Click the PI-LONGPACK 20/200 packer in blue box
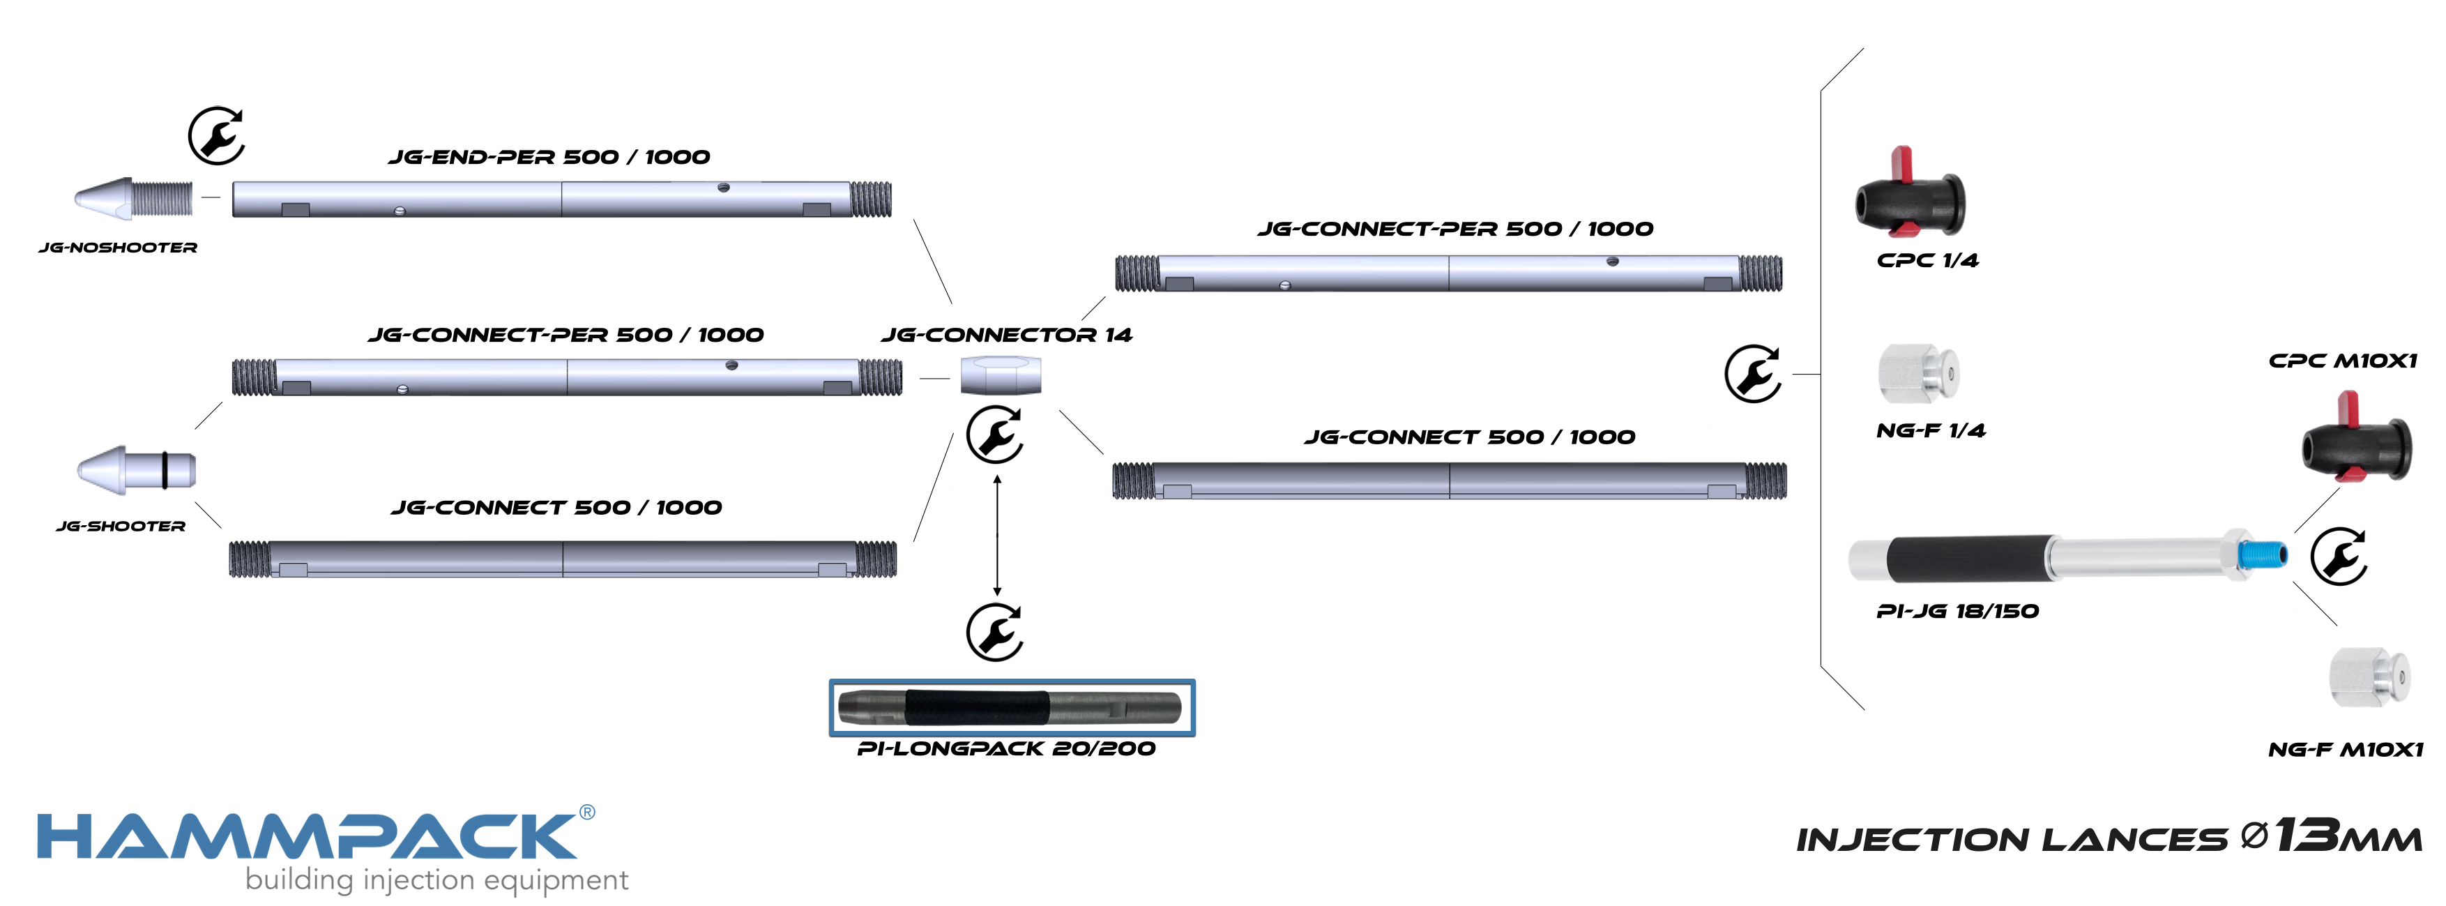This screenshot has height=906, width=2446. tap(1010, 707)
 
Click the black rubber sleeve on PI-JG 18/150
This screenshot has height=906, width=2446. tap(1966, 559)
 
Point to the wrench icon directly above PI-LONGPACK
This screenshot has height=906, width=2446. tap(994, 631)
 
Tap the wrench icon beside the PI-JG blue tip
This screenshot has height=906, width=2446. tap(2339, 557)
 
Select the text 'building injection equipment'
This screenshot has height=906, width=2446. tap(436, 880)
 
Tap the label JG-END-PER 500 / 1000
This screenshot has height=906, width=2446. tap(549, 157)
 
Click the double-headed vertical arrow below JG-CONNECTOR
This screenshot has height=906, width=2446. tap(997, 536)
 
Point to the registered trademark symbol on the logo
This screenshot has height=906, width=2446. tap(587, 812)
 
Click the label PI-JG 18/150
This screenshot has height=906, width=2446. tap(1957, 612)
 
